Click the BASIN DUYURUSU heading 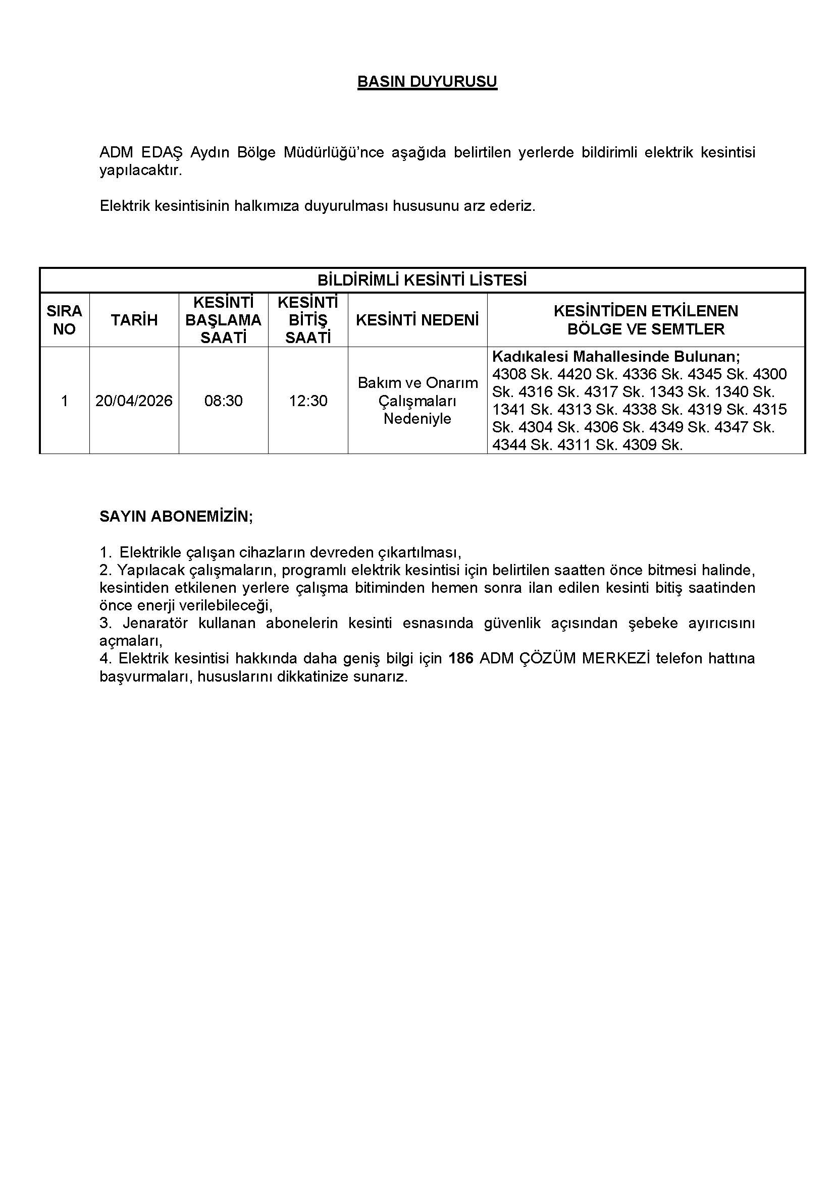click(427, 82)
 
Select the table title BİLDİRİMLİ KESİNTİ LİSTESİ click(422, 280)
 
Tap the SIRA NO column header click(64, 320)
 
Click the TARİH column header click(134, 320)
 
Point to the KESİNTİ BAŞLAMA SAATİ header click(223, 320)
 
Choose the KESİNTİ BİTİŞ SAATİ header click(307, 320)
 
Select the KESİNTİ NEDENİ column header click(417, 320)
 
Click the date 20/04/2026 click(134, 401)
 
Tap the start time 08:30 click(223, 401)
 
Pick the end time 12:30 click(307, 401)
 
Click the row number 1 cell click(64, 401)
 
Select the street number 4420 click(575, 374)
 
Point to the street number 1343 click(666, 391)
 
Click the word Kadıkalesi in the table click(530, 356)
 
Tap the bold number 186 click(460, 658)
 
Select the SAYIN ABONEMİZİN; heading click(176, 517)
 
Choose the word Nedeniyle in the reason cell click(417, 418)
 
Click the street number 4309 click(640, 444)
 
